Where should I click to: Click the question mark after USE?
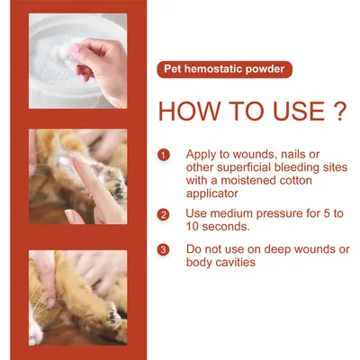pyautogui.click(x=337, y=111)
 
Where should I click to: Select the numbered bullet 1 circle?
pyautogui.click(x=163, y=155)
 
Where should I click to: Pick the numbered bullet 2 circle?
pyautogui.click(x=163, y=214)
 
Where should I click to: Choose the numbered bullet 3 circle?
pyautogui.click(x=163, y=249)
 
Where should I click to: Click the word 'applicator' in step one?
pyautogui.click(x=213, y=193)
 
